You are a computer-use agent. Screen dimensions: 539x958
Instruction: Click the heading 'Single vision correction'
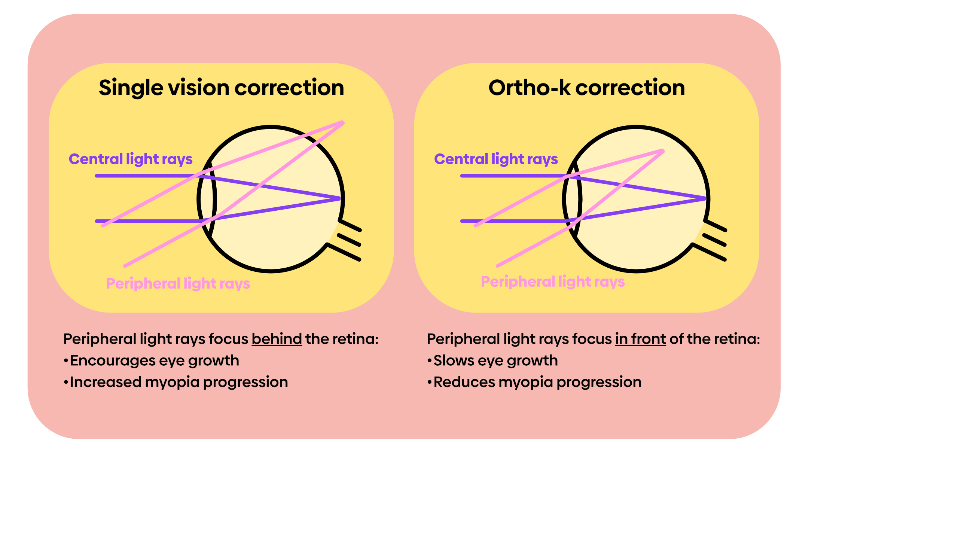click(x=221, y=88)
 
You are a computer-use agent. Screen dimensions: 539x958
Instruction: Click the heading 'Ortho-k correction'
click(x=586, y=88)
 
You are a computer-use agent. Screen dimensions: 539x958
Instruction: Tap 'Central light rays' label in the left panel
click(x=131, y=159)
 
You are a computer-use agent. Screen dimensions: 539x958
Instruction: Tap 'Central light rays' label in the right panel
click(x=496, y=159)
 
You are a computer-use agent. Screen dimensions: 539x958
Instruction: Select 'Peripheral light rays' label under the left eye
click(x=178, y=283)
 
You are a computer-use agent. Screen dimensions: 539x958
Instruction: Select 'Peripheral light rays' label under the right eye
click(x=553, y=281)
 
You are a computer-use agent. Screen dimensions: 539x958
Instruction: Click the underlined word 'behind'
click(x=277, y=339)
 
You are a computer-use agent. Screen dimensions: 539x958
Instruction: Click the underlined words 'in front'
click(x=640, y=339)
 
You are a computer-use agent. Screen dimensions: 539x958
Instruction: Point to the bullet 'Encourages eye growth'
click(x=154, y=360)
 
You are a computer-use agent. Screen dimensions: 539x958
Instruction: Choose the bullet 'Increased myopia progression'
click(x=179, y=382)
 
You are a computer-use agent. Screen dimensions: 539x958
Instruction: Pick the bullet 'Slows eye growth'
click(x=495, y=360)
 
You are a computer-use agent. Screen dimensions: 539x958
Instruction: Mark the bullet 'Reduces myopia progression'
click(x=537, y=382)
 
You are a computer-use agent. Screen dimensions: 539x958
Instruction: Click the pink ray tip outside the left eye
click(x=342, y=122)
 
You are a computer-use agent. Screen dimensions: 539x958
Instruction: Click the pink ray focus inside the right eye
click(x=662, y=151)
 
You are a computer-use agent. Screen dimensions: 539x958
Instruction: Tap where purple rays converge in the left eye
click(x=339, y=198)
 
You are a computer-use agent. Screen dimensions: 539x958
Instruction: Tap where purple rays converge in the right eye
click(x=704, y=198)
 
